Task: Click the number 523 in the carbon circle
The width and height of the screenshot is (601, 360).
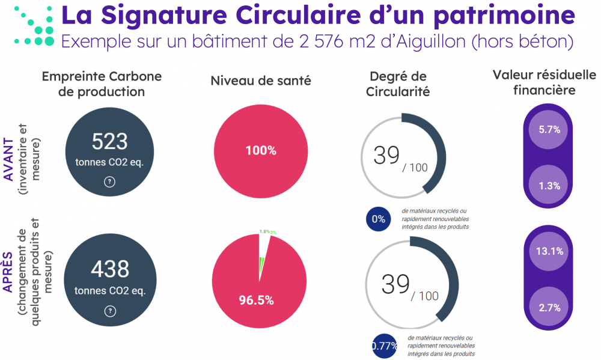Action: [x=109, y=142]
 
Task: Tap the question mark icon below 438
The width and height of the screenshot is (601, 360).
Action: [x=109, y=311]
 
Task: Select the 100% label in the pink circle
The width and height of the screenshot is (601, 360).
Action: [x=260, y=150]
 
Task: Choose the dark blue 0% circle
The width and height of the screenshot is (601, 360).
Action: [x=378, y=219]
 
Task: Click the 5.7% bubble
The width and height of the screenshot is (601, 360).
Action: [x=549, y=129]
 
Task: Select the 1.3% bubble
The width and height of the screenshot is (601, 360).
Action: [x=549, y=186]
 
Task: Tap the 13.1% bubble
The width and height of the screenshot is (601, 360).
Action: [x=549, y=251]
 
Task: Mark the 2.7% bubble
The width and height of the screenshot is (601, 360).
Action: [x=549, y=308]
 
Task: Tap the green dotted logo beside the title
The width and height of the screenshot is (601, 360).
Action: [x=35, y=28]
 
